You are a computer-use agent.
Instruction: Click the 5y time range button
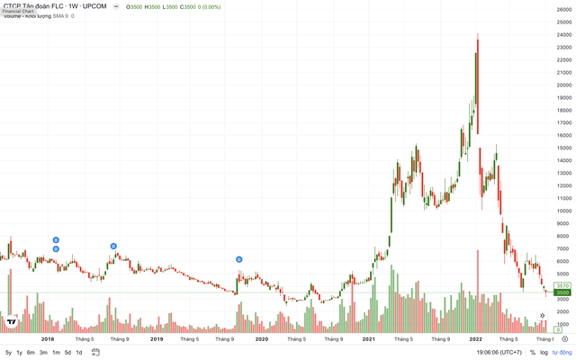click(8, 352)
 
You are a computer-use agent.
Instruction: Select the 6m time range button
click(31, 352)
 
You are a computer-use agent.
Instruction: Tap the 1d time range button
click(78, 352)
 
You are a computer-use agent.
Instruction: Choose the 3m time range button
click(43, 352)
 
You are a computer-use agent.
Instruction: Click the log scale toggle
click(544, 352)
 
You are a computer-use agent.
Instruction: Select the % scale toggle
click(532, 352)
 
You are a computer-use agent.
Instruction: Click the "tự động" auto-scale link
click(562, 352)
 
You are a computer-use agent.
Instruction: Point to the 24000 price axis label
click(564, 35)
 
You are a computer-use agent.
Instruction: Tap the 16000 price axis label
click(564, 135)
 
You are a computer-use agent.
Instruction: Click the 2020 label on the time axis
click(262, 339)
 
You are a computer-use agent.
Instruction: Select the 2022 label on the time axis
click(476, 339)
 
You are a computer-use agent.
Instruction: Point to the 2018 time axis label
click(49, 339)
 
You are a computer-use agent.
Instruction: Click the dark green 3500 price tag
click(563, 292)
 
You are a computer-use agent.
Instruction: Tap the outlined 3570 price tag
click(563, 285)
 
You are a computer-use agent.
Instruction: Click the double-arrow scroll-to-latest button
click(543, 315)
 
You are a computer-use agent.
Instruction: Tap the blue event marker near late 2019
click(239, 259)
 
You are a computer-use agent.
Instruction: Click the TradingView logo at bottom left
click(12, 321)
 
